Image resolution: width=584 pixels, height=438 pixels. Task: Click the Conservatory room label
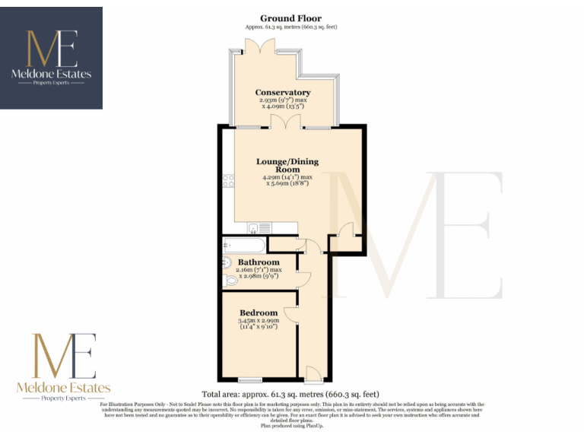click(x=283, y=93)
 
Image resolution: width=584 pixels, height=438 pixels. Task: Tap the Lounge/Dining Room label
click(x=287, y=166)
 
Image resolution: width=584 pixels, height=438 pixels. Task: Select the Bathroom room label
click(x=259, y=262)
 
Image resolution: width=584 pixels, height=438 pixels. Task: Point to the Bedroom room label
click(x=259, y=313)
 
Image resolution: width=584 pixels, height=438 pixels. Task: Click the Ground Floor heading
click(x=290, y=18)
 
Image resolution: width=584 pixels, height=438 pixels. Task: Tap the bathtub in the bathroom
click(x=243, y=245)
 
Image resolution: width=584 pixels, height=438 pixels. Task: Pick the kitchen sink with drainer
click(x=258, y=227)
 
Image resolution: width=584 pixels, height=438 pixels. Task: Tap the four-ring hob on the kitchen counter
click(x=227, y=181)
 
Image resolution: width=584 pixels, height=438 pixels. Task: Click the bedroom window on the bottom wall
click(x=250, y=379)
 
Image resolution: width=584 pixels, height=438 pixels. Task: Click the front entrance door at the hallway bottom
click(x=312, y=373)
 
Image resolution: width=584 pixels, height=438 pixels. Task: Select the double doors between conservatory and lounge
click(x=282, y=122)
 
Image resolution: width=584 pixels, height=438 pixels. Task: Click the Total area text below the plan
click(x=291, y=394)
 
